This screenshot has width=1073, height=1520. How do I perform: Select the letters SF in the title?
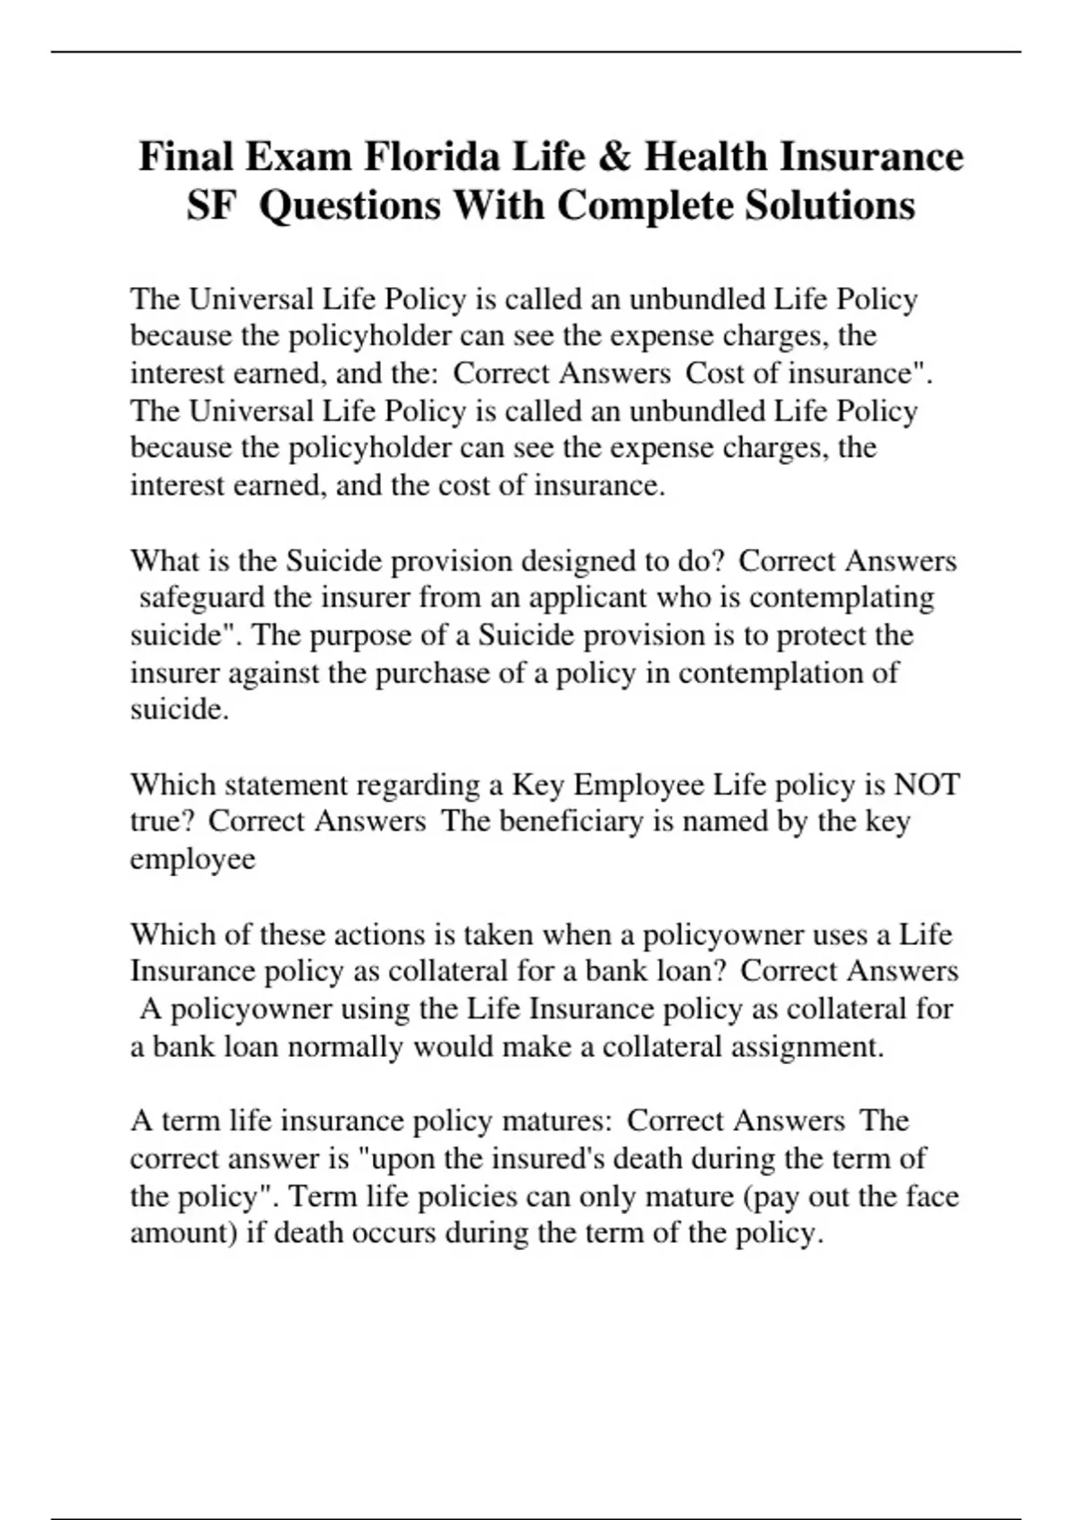point(211,207)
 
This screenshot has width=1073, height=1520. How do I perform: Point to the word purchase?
point(433,672)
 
